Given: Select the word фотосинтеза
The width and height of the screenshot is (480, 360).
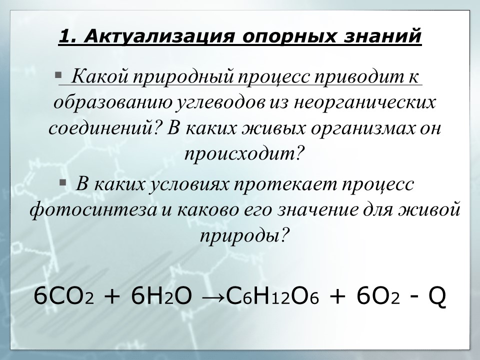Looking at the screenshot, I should pyautogui.click(x=92, y=209).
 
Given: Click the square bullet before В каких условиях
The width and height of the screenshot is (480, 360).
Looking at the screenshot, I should pyautogui.click(x=62, y=182).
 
